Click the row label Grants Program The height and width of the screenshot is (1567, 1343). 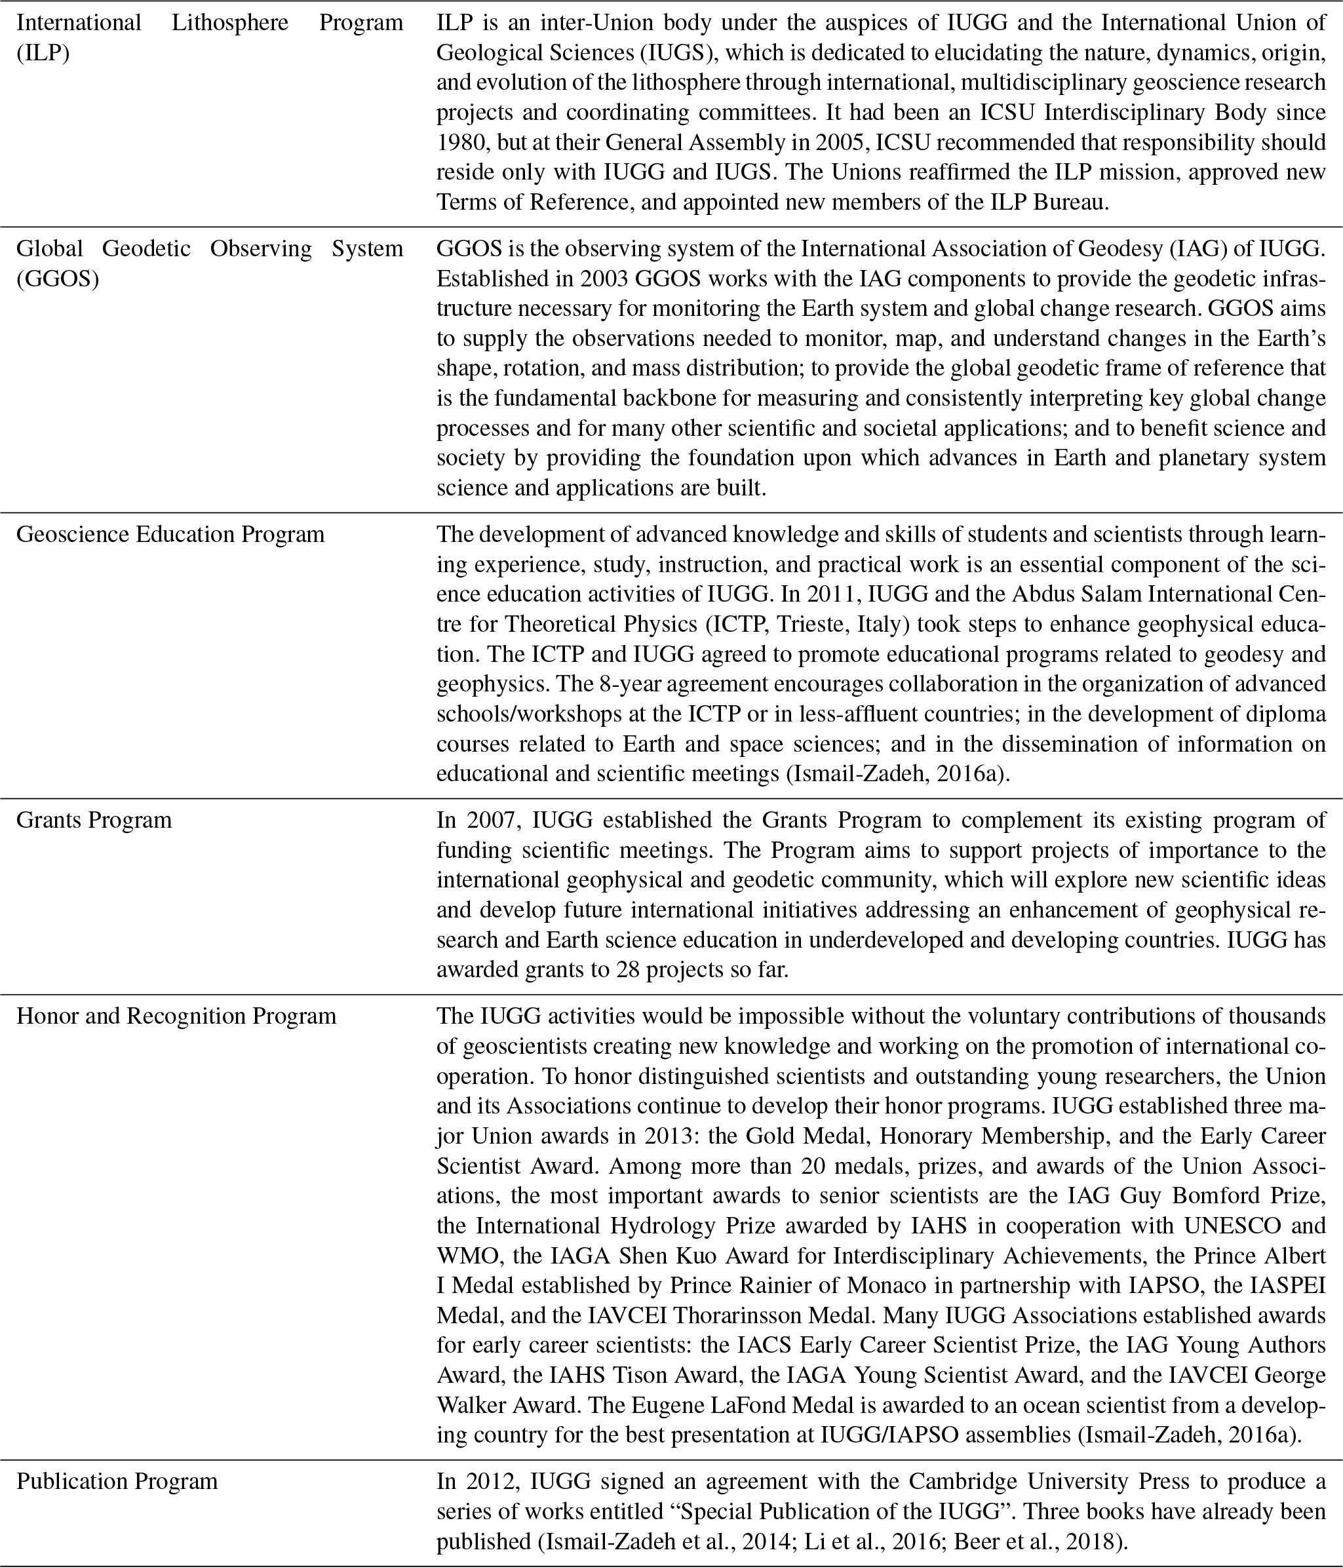94,821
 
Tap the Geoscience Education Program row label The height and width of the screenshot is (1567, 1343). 170,535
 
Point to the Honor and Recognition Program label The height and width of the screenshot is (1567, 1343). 176,1016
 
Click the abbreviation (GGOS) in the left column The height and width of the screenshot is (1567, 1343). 58,279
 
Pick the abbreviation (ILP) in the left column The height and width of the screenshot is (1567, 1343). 43,53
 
